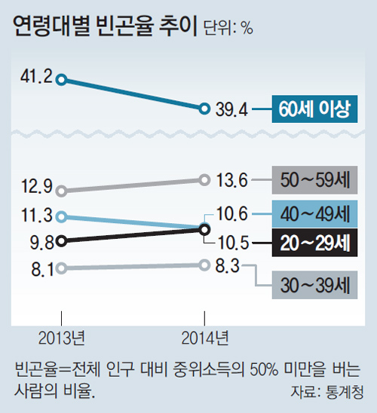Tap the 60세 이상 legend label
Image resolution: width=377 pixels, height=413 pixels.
pos(314,109)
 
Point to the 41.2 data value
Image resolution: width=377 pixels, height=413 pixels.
pos(32,77)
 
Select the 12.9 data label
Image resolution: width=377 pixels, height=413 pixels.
pos(32,184)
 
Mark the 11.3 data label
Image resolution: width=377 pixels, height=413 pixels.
pos(32,216)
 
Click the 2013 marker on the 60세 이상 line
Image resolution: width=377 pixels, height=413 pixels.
pos(62,78)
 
